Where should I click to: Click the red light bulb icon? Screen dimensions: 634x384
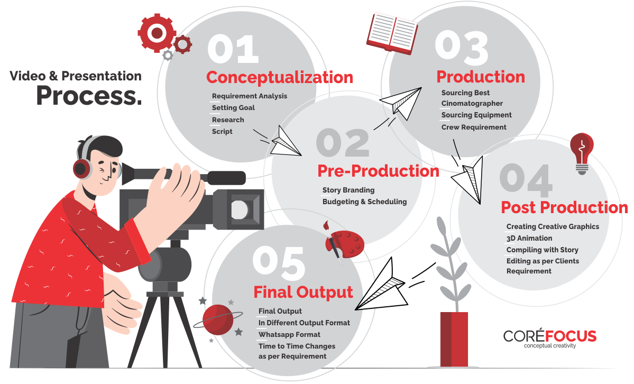pyautogui.click(x=582, y=153)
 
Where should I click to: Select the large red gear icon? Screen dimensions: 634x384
pyautogui.click(x=157, y=33)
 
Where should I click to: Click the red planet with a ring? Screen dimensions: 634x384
pyautogui.click(x=218, y=319)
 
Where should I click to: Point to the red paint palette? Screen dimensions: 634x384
pyautogui.click(x=345, y=243)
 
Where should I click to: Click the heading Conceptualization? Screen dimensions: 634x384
pyautogui.click(x=279, y=77)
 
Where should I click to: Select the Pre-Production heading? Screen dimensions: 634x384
pyautogui.click(x=378, y=171)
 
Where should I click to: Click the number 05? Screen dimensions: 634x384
pyautogui.click(x=279, y=263)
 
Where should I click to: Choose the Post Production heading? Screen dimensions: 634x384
pyautogui.click(x=564, y=207)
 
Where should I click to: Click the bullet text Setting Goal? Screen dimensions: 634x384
pyautogui.click(x=233, y=107)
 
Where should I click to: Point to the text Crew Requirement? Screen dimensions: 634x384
pyautogui.click(x=474, y=127)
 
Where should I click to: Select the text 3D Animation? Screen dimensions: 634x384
pyautogui.click(x=529, y=239)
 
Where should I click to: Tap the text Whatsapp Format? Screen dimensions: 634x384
pyautogui.click(x=290, y=335)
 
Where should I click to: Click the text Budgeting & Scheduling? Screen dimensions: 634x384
pyautogui.click(x=365, y=202)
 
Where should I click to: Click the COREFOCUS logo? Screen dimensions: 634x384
pyautogui.click(x=550, y=339)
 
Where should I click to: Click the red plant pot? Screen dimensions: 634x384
pyautogui.click(x=454, y=339)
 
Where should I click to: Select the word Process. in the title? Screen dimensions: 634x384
pyautogui.click(x=89, y=96)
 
